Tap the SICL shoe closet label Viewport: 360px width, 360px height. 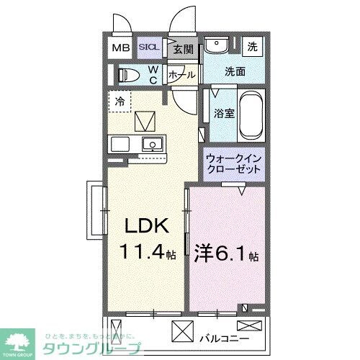(150, 48)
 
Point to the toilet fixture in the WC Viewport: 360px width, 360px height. (129, 74)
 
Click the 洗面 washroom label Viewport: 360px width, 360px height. (235, 73)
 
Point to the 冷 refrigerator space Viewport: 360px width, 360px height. (120, 101)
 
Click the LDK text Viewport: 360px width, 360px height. (148, 228)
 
